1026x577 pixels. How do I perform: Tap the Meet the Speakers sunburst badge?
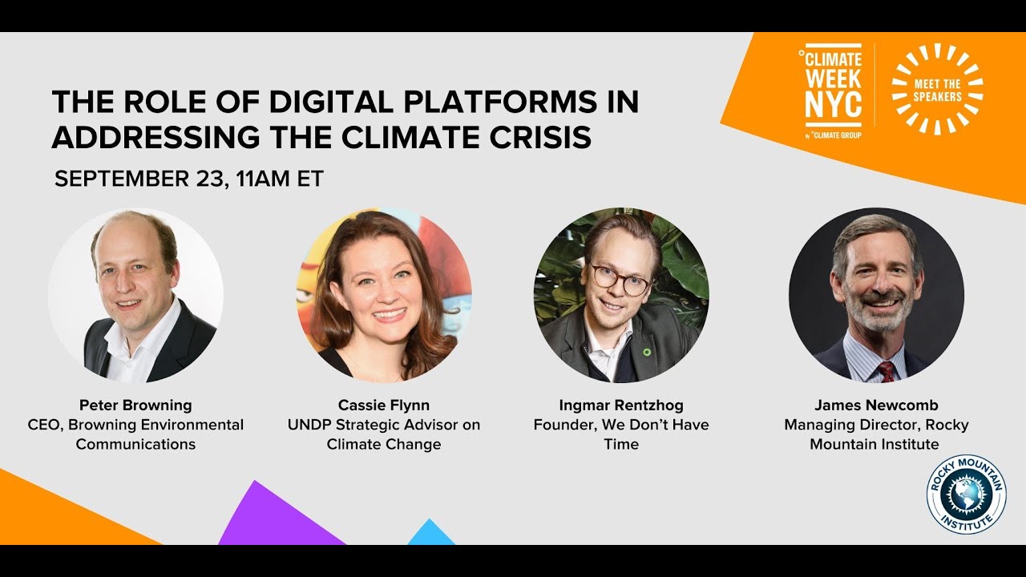point(937,89)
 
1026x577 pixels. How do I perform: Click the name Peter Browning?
point(135,405)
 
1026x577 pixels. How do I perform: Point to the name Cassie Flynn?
point(384,405)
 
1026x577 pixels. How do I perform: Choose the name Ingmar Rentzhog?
point(621,405)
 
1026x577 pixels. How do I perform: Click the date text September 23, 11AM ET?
point(188,179)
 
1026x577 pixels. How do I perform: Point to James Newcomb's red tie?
point(887,371)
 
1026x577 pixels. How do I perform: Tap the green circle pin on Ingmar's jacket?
point(646,351)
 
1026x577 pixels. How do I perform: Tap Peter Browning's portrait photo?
point(135,295)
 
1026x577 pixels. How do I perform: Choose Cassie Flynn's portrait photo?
point(384,295)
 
